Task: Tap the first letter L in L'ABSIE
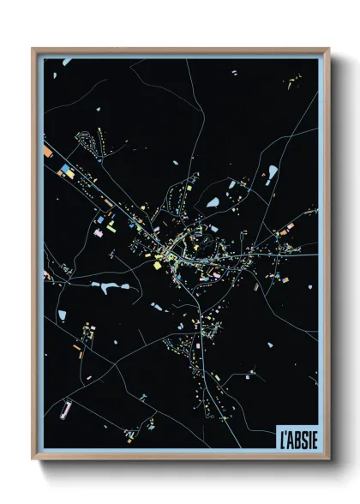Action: coord(282,435)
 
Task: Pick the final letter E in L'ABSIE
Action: coord(315,435)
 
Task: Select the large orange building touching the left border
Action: coord(48,153)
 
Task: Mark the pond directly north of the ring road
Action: coord(212,203)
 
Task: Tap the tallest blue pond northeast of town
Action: coord(272,173)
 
